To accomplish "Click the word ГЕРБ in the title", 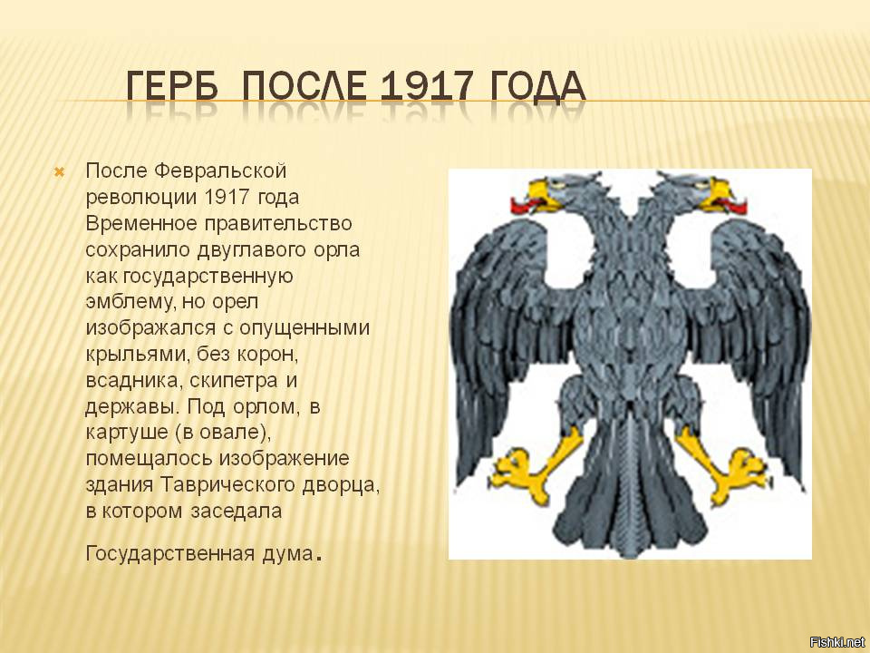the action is [172, 86].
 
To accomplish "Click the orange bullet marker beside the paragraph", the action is [60, 172].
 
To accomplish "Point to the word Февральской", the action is [220, 171].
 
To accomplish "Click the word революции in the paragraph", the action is [141, 198].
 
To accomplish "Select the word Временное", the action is [141, 223].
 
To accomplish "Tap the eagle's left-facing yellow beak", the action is [544, 196].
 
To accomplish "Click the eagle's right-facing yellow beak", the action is [715, 196].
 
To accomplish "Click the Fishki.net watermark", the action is [837, 642].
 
